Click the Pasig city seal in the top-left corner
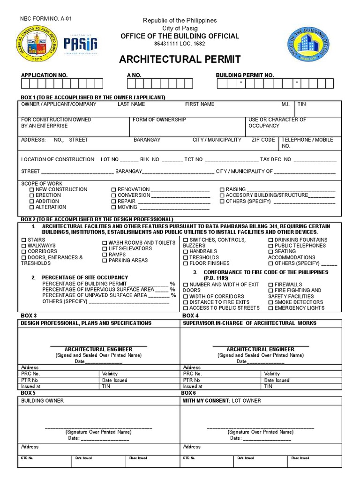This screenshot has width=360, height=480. (x=37, y=44)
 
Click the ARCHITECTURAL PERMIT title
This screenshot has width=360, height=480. (x=180, y=60)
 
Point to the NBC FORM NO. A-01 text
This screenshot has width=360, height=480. (x=46, y=19)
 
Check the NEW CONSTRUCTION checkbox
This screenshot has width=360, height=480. (x=32, y=190)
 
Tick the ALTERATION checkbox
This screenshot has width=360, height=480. (x=32, y=207)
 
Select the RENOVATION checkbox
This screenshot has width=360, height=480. (x=113, y=190)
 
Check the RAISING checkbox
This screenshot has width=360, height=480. (x=222, y=190)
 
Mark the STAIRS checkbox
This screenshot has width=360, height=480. (x=24, y=240)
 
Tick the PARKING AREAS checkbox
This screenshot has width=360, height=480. (x=105, y=261)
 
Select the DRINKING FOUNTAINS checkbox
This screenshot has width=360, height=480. (x=271, y=240)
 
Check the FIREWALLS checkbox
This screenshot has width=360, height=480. (x=271, y=285)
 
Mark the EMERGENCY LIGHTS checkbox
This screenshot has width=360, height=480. (x=271, y=308)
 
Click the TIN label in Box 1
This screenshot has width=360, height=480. (x=302, y=104)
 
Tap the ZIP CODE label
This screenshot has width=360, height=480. (x=263, y=140)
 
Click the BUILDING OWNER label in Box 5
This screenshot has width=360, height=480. (x=42, y=401)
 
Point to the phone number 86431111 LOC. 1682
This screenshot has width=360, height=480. (x=180, y=44)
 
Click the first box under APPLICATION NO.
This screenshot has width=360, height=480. (x=26, y=83)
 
